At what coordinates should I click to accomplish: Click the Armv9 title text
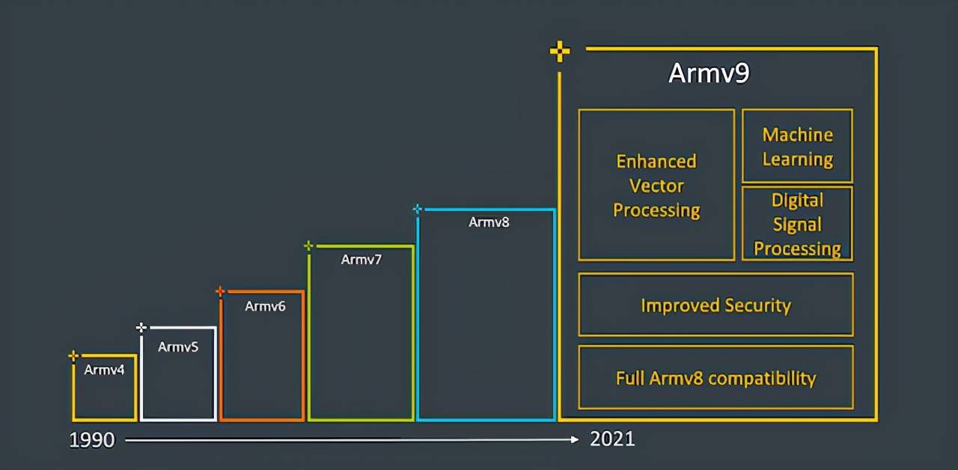tap(709, 73)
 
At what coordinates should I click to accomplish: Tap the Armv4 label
tap(104, 370)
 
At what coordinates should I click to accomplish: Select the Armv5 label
tap(178, 347)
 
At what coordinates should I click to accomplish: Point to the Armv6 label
tap(265, 306)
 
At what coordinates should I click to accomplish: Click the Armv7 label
tap(361, 260)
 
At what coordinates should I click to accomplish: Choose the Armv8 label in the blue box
tap(489, 222)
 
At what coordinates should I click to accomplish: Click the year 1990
tap(92, 440)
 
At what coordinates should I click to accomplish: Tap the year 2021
tap(612, 439)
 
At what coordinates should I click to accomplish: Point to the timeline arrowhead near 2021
tap(575, 439)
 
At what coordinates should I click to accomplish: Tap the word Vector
tap(656, 186)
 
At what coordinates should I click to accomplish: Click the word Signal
tap(797, 225)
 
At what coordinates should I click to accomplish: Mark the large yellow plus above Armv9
tap(560, 52)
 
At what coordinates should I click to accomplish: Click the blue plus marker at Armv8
tap(418, 209)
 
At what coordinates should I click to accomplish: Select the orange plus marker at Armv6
tap(220, 292)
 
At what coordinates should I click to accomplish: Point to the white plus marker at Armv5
tap(141, 328)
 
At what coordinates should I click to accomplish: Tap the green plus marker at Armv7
tap(308, 246)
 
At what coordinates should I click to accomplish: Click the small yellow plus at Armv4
tap(73, 355)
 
